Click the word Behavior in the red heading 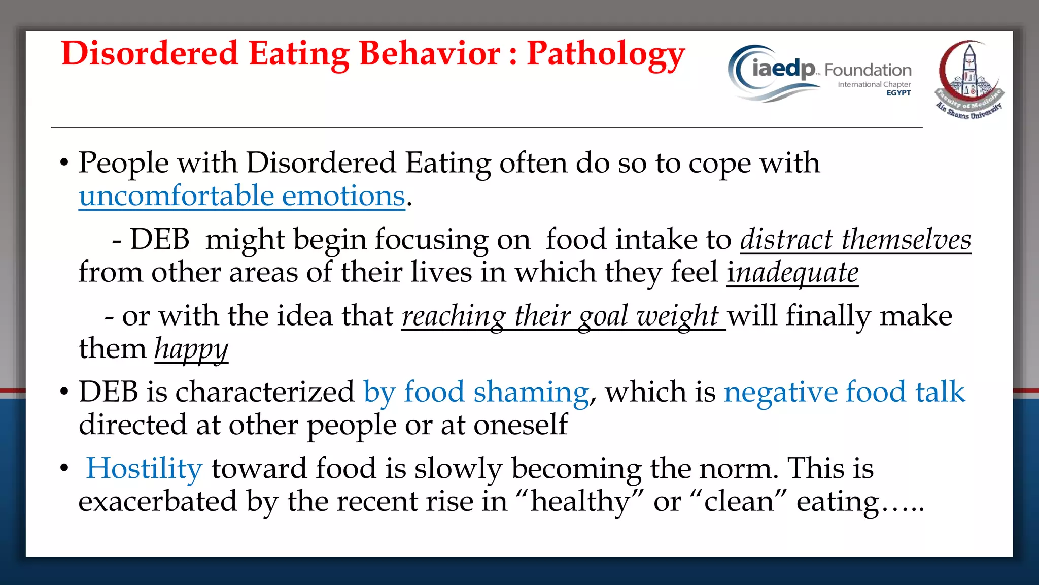pos(430,54)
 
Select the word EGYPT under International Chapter pos(898,93)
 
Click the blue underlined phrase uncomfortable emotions pos(242,196)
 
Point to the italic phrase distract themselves pos(855,240)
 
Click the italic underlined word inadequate pos(792,273)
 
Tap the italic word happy pos(191,349)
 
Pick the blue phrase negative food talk pos(844,392)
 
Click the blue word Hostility pos(144,468)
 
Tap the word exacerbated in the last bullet pos(158,502)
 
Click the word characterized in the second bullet pos(264,392)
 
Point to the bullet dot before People pos(64,164)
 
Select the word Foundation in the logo pos(868,70)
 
